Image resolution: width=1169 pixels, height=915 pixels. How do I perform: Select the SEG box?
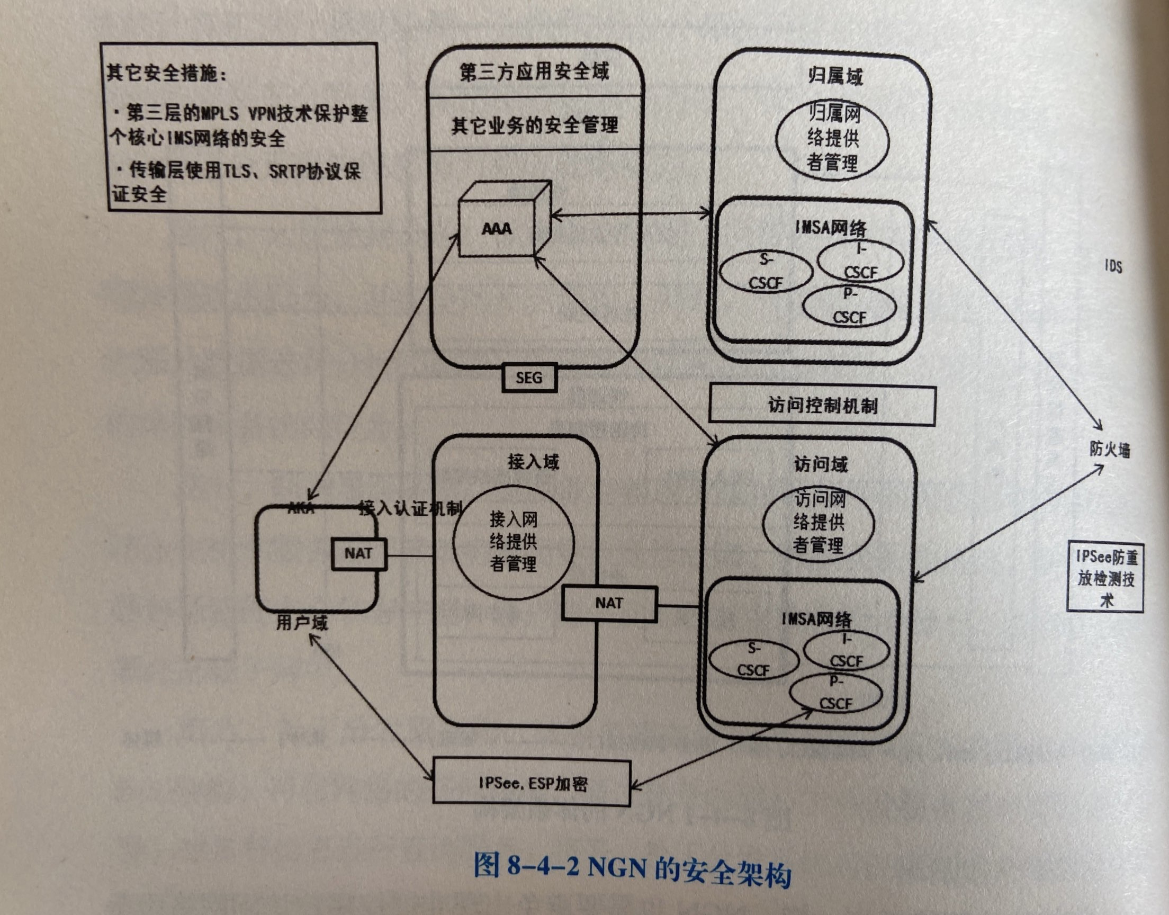coord(529,378)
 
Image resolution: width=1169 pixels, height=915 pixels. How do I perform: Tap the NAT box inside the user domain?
coord(358,554)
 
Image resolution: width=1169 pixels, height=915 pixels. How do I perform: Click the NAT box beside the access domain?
coord(609,603)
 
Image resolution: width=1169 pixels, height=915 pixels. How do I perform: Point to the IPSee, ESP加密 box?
coord(531,784)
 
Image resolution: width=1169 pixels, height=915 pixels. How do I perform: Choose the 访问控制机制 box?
coord(822,406)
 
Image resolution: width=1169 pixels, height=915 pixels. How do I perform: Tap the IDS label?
coord(1113,266)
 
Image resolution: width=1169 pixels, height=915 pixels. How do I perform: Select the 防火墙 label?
coord(1110,449)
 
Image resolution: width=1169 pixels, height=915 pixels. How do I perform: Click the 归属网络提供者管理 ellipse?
coord(832,138)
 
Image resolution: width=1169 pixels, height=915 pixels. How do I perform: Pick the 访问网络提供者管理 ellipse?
coord(818,522)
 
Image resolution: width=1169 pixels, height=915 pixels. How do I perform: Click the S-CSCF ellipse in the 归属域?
coord(766,272)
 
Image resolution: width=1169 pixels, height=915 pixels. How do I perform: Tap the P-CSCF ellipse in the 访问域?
coord(836,694)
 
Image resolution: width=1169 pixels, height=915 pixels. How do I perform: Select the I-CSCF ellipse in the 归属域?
coord(860,262)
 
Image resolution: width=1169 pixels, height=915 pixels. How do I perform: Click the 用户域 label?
coord(302,624)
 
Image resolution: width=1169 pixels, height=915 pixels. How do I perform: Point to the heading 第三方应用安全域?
coord(534,72)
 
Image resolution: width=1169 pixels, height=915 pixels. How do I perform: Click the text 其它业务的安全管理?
coord(534,125)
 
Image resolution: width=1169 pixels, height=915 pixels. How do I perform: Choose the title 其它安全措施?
coord(167,73)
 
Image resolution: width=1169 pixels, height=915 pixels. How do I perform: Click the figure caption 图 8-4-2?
coord(632,881)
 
